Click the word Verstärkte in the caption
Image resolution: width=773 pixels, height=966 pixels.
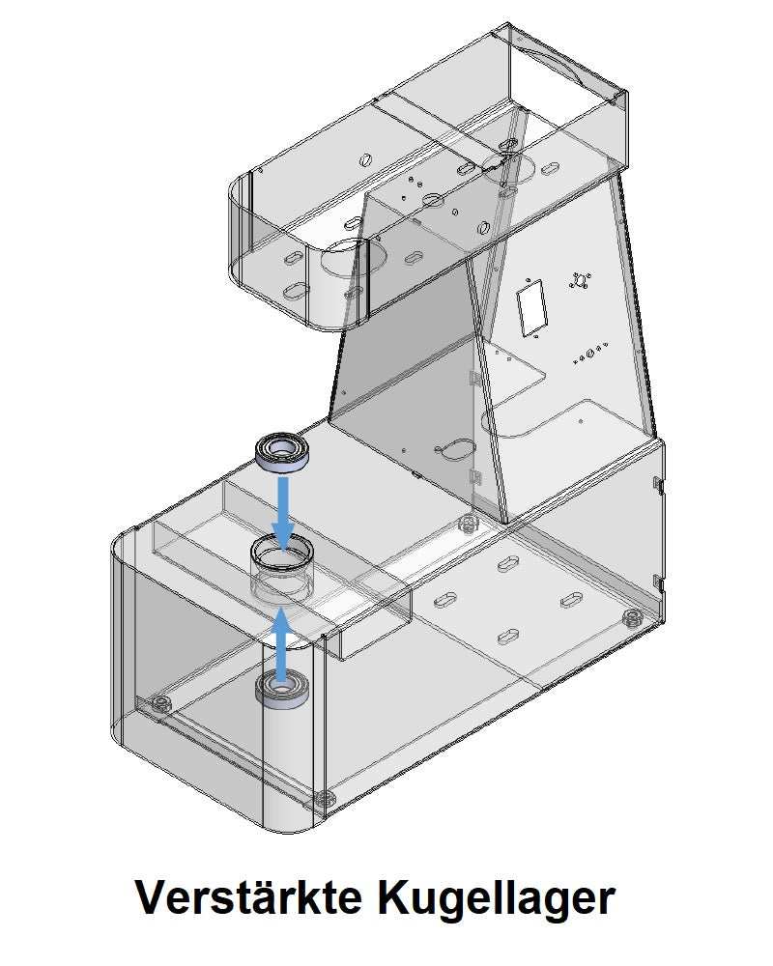click(247, 897)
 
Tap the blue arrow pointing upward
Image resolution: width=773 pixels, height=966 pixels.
click(282, 642)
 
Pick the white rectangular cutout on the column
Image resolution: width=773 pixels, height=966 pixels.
click(532, 308)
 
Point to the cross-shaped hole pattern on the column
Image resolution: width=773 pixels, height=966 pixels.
click(580, 280)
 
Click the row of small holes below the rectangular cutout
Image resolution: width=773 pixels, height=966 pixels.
click(590, 353)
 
